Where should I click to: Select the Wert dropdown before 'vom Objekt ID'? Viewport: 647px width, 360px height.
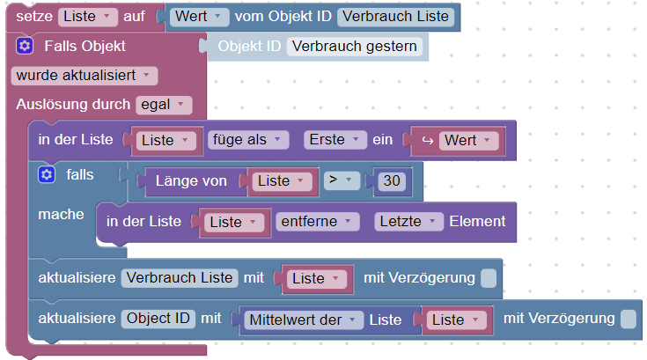coord(200,17)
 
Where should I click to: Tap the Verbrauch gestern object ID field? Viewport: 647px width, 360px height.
coord(355,46)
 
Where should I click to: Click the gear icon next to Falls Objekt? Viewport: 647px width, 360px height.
coord(25,46)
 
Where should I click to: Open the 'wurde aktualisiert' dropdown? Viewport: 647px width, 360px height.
coord(85,75)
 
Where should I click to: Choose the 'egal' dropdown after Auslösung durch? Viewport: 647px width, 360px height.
coord(163,105)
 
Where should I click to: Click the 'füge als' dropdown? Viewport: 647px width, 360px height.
coord(248,140)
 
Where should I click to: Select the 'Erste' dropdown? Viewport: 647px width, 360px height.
coord(334,140)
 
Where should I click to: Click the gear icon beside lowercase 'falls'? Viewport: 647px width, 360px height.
coord(47,175)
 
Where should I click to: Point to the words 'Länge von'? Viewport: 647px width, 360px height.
coord(191,180)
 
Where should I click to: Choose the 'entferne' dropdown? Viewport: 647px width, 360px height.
coord(316,221)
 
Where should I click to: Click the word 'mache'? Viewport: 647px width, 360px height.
coord(62,214)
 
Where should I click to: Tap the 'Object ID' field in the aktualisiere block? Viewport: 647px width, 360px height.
coord(158,319)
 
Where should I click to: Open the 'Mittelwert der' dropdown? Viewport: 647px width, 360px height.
coord(300,320)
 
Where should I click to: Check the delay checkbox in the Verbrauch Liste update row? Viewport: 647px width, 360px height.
coord(489,278)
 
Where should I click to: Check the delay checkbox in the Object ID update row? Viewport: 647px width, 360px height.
coord(628,319)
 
